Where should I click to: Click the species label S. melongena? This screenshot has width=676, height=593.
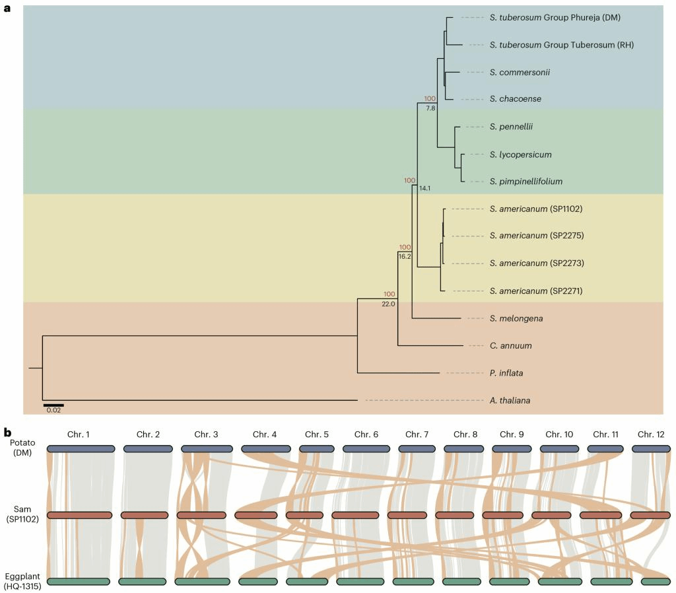507,318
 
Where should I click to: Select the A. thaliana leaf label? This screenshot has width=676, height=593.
510,400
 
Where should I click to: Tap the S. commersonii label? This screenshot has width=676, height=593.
520,72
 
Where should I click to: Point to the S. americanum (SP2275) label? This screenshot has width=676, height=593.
537,236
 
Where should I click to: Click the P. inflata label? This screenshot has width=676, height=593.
506,373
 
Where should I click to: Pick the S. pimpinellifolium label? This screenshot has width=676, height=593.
526,181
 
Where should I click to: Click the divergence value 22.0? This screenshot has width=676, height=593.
388,304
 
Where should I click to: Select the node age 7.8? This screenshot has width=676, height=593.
430,108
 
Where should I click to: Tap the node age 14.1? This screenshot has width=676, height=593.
424,188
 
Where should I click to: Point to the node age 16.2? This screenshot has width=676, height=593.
405,256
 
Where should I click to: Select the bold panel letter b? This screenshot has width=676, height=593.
7,433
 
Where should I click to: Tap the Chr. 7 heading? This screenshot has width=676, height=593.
417,434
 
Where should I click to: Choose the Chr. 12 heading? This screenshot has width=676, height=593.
652,434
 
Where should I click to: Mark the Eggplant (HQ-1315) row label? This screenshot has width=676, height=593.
22,581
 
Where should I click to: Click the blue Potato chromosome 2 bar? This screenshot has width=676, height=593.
148,448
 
